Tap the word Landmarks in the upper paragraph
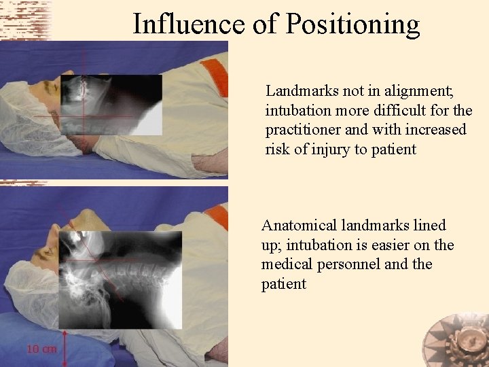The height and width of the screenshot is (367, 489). coord(298,90)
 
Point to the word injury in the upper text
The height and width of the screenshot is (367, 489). coord(331,149)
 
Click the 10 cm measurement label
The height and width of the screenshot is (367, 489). coord(42,349)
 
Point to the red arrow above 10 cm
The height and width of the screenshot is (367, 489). coord(63,343)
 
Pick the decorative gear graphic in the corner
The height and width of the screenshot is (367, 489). coord(455,340)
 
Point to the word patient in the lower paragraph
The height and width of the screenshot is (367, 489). coord(283,284)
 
